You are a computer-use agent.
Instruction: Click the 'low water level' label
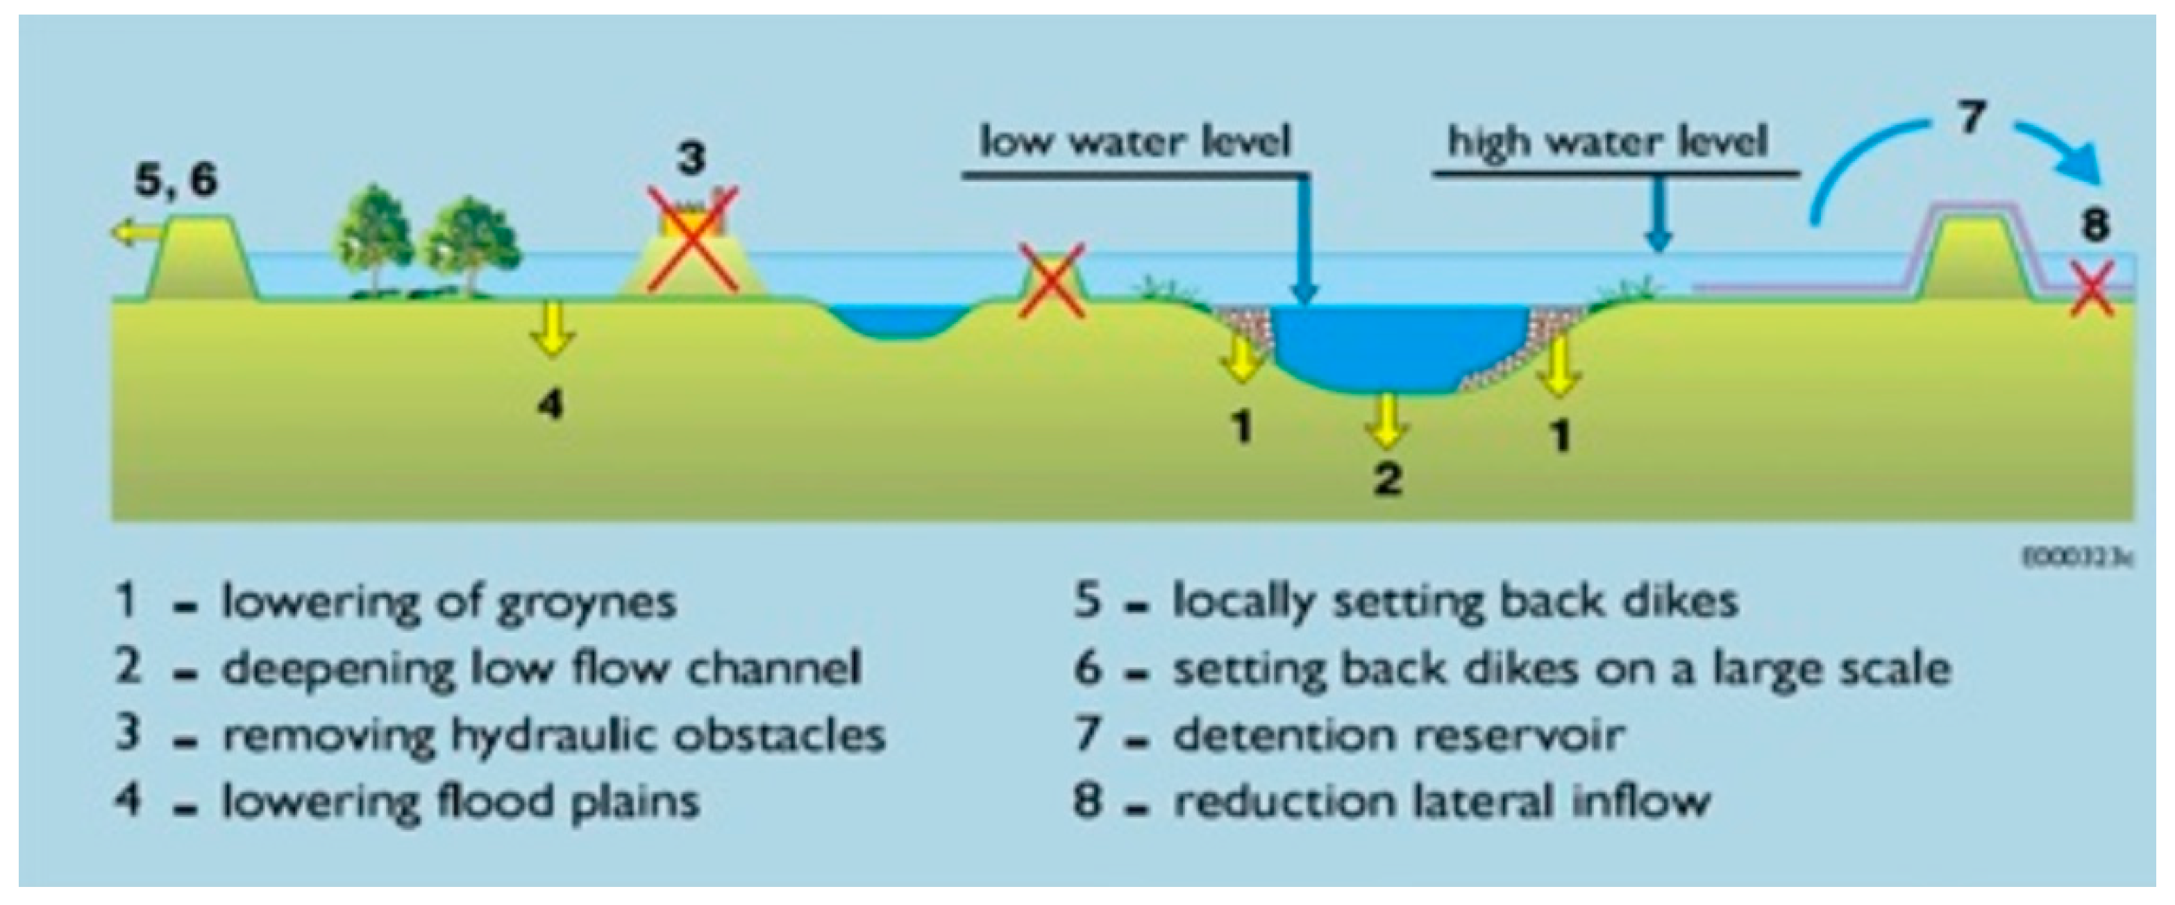(1136, 142)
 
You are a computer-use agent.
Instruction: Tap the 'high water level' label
(1609, 142)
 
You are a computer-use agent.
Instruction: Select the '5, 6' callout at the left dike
(176, 180)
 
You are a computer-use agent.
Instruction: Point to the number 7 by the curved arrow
(1970, 117)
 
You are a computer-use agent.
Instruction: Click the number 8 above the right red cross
(2094, 226)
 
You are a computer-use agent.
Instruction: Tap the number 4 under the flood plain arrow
(551, 406)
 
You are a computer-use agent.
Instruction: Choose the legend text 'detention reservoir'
(1397, 734)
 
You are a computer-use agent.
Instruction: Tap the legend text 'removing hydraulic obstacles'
(553, 734)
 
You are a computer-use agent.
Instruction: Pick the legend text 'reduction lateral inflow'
(1441, 800)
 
